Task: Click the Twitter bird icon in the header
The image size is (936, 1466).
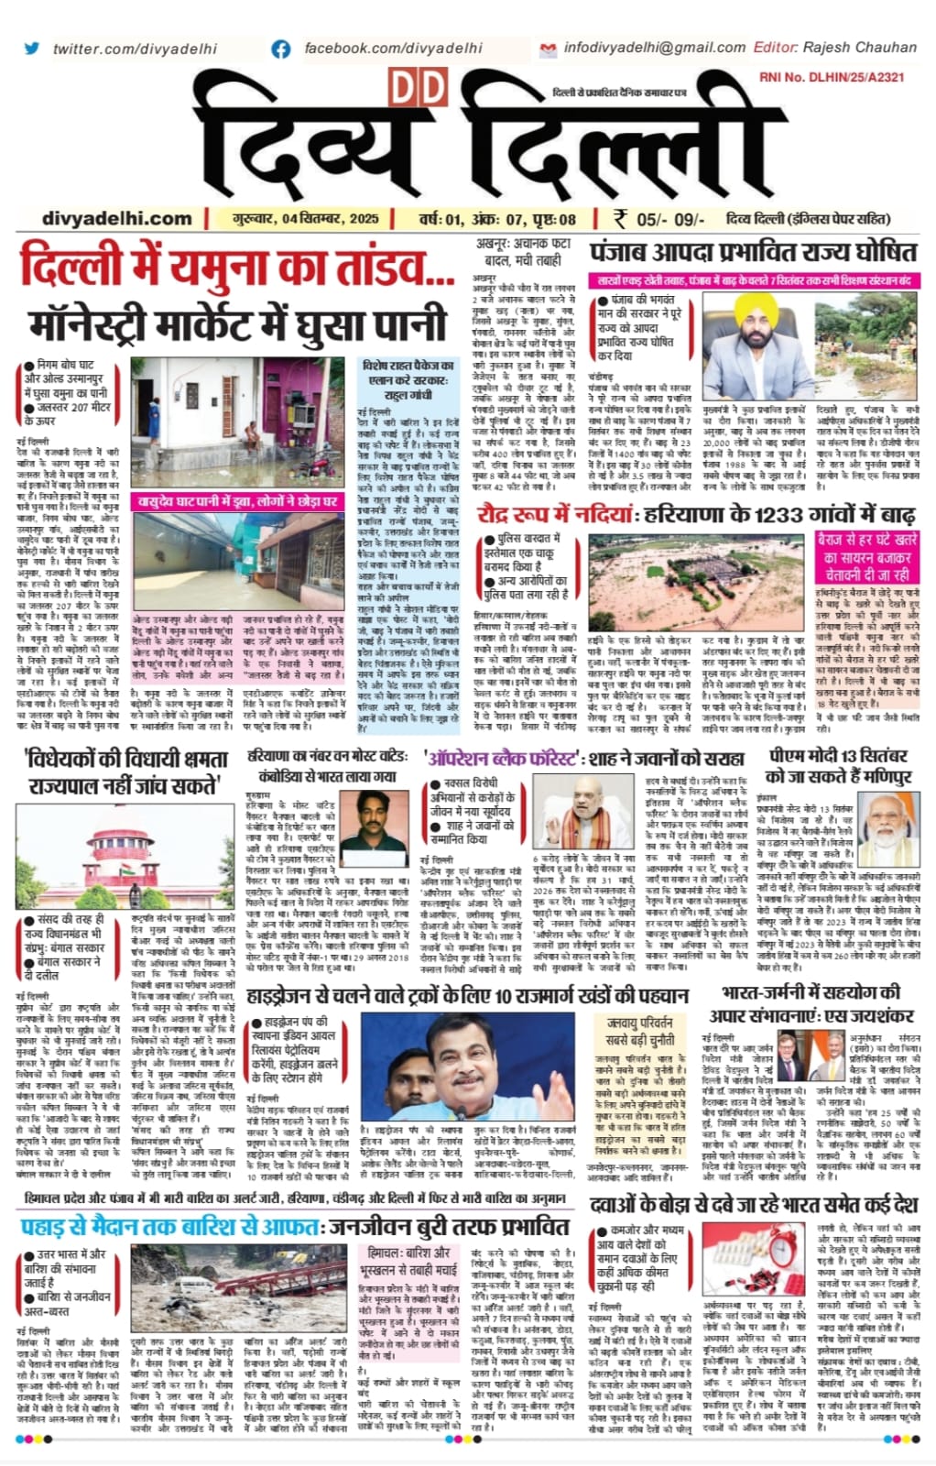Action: coord(32,48)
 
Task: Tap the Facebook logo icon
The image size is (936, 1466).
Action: coord(281,48)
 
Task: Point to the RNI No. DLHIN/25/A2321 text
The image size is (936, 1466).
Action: coord(832,78)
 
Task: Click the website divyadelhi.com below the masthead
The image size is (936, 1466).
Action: coord(117,218)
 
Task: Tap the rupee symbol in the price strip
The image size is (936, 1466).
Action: coord(621,218)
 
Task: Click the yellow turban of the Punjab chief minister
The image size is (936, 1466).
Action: coord(750,307)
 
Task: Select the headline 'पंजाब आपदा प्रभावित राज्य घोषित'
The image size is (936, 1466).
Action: coord(753,252)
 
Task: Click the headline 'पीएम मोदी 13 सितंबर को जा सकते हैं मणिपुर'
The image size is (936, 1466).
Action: coord(837,766)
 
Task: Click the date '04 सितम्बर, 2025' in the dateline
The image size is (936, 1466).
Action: coord(316,218)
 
